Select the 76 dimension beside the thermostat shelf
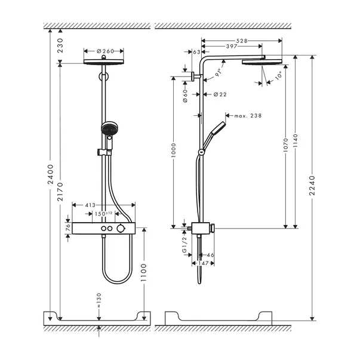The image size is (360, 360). [x=66, y=229]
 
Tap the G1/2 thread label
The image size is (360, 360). [x=184, y=243]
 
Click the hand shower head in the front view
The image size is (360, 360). [x=109, y=128]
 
